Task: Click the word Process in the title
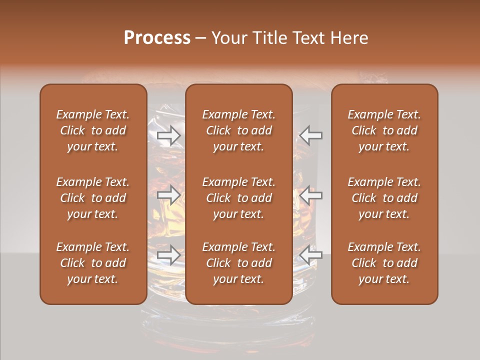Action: [x=156, y=38]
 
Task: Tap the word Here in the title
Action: [x=349, y=38]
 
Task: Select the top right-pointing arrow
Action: [x=169, y=135]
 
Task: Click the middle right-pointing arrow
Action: [x=169, y=195]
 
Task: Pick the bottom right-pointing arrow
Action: [x=169, y=255]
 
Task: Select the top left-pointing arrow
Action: [x=310, y=135]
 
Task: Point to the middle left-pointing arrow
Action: [x=310, y=195]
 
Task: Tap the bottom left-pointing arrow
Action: [x=310, y=255]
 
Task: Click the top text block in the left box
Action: [x=93, y=130]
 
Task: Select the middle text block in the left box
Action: [x=93, y=198]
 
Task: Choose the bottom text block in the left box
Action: [x=93, y=263]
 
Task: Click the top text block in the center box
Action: [x=239, y=130]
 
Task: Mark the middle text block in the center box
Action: [x=239, y=198]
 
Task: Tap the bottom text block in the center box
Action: [x=239, y=263]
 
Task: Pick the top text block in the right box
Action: [x=384, y=130]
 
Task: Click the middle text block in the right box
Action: [x=384, y=198]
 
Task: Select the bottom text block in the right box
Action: [x=384, y=263]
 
